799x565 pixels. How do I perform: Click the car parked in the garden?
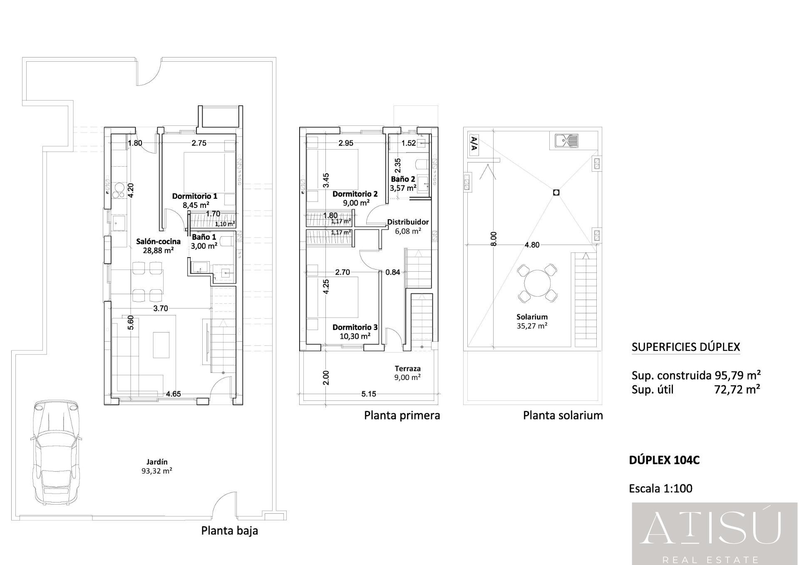(55, 452)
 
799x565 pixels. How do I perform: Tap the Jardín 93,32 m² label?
(157, 466)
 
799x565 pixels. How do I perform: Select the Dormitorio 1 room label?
(195, 196)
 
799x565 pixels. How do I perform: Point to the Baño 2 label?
(403, 179)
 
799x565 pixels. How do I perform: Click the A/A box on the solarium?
(474, 145)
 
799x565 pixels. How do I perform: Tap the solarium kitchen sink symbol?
(566, 141)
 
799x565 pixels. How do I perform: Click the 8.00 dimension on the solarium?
(494, 239)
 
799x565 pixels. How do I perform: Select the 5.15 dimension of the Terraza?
(369, 394)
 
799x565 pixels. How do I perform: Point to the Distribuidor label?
(408, 222)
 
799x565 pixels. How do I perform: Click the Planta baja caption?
(230, 530)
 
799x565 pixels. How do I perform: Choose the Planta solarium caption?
(563, 415)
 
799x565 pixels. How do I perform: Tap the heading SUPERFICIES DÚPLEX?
(686, 347)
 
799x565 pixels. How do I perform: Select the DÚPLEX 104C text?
(664, 460)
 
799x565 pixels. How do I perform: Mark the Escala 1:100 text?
(661, 488)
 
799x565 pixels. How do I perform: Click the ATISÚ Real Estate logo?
(715, 534)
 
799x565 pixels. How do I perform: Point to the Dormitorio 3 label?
(355, 327)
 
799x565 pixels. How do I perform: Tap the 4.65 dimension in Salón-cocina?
(174, 394)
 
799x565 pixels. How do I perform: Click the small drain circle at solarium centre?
(556, 192)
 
